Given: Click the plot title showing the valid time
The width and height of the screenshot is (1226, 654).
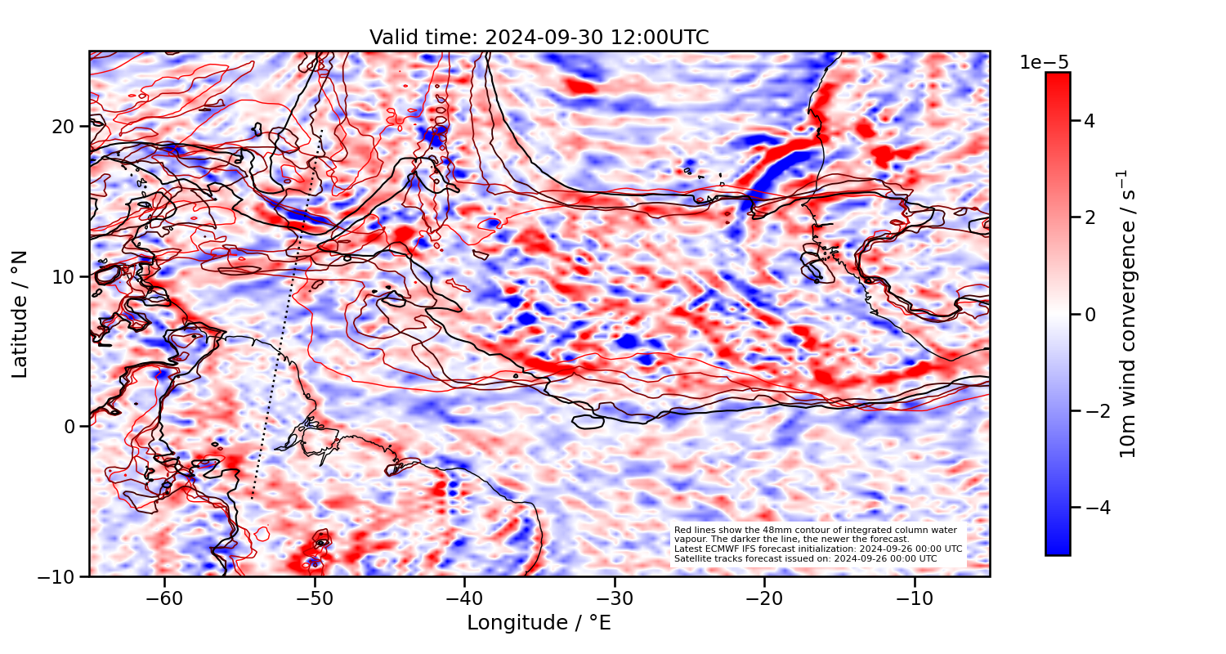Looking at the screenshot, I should point(539,38).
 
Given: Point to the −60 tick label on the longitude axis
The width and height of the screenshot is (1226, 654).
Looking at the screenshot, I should point(164,598).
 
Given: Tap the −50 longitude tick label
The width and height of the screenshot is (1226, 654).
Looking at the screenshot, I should point(314,598).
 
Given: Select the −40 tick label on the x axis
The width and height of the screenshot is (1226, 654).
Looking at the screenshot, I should point(464,598).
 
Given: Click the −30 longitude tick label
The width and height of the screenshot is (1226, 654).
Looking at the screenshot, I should point(615,598).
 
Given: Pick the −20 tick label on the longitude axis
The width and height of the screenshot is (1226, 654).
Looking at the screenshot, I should point(764,598).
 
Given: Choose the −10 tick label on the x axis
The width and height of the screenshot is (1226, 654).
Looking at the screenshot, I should point(915,598).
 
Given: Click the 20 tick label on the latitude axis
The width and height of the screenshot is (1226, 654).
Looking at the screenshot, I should point(65,127).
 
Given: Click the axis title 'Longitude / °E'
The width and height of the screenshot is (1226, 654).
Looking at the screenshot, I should point(539,623).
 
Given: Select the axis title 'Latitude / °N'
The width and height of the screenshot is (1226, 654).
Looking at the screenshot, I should point(20,314).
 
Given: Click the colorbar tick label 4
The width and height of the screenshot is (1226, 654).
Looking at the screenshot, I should point(1089,121).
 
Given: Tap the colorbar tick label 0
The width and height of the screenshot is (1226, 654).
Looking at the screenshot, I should point(1089,314).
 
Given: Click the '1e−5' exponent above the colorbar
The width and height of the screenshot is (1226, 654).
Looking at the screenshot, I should point(1044,62).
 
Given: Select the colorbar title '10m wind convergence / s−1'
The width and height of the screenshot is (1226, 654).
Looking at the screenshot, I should point(1129,314).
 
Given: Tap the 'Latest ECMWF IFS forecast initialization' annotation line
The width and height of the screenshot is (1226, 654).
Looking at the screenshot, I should point(817,549).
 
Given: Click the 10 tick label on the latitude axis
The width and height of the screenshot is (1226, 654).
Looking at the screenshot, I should point(65,276).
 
